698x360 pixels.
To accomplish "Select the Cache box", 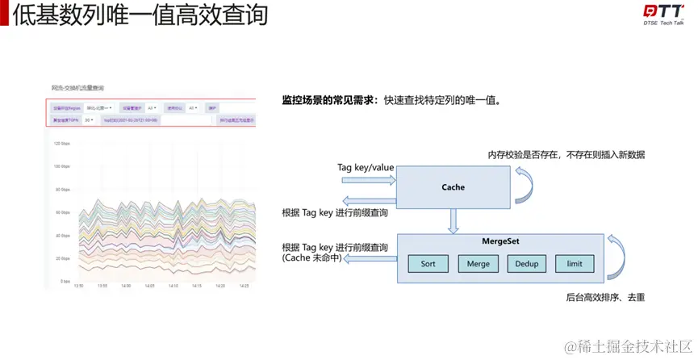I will pos(453,187).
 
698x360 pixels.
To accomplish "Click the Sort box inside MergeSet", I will pos(428,264).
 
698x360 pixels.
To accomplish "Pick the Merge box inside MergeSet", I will pos(479,264).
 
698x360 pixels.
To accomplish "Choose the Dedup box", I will pos(527,264).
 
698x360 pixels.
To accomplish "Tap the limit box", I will pos(575,264).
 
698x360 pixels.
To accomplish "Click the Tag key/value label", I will pos(366,166).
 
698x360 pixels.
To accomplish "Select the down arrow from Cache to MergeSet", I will pos(453,220).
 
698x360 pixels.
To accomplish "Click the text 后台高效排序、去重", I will pos(604,298).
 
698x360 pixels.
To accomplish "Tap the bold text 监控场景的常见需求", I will pos(325,102).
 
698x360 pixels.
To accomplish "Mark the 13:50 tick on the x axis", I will pos(78,286).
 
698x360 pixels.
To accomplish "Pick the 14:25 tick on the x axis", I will pos(244,286).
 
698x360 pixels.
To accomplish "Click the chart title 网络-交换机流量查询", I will pos(77,87).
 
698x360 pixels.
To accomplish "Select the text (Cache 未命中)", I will pos(311,258).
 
